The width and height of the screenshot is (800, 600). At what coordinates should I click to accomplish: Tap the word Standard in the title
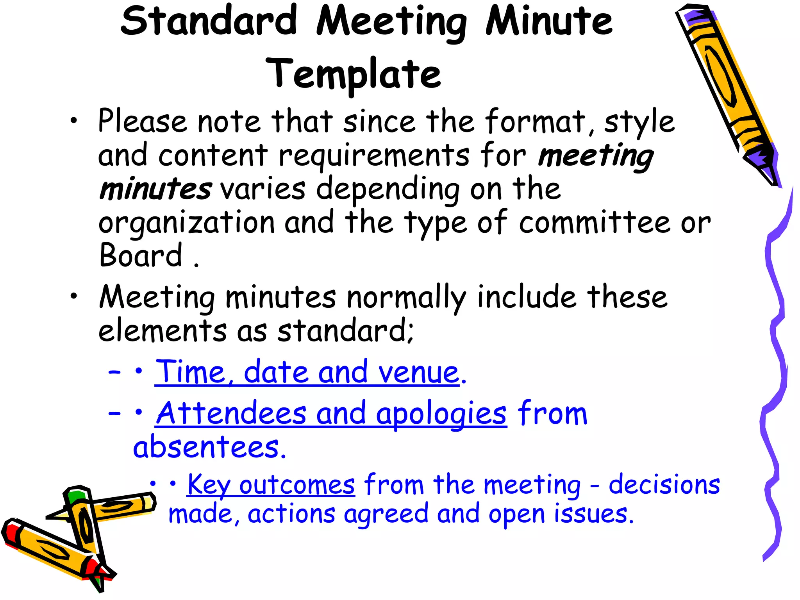209,21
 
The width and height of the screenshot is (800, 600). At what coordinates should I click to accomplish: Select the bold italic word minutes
155,189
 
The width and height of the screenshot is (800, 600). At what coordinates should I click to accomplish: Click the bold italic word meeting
595,156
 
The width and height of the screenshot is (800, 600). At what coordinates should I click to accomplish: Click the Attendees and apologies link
331,414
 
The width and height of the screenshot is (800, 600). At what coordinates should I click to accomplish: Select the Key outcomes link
271,485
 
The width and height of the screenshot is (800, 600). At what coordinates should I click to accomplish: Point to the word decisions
664,485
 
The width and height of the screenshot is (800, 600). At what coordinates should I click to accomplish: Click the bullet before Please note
74,121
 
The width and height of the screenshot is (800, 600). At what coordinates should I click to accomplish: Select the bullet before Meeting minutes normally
74,296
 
